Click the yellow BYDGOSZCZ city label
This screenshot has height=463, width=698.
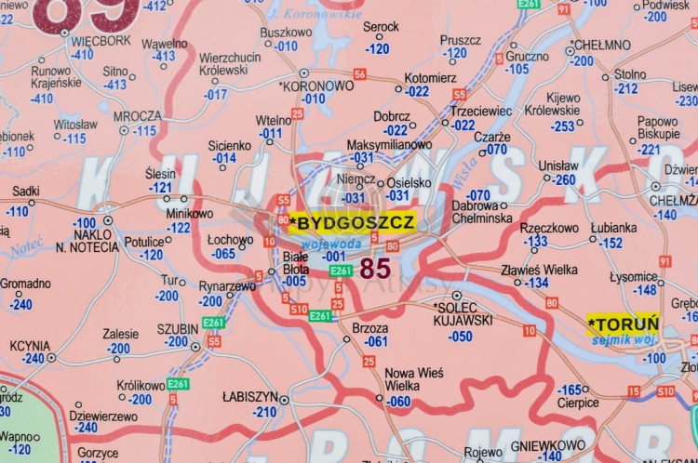click(352, 222)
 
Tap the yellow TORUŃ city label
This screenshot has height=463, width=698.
click(624, 324)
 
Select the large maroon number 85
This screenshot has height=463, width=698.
click(374, 269)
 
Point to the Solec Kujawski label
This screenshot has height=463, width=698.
click(463, 313)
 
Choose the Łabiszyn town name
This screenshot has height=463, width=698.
click(250, 396)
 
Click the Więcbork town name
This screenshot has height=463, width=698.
click(101, 41)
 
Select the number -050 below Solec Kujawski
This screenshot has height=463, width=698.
click(460, 337)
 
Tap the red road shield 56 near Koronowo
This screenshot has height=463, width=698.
click(359, 73)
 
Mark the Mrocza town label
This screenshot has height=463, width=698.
click(137, 116)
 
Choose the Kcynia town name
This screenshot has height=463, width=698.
click(30, 345)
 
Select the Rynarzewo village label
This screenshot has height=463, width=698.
click(227, 286)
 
